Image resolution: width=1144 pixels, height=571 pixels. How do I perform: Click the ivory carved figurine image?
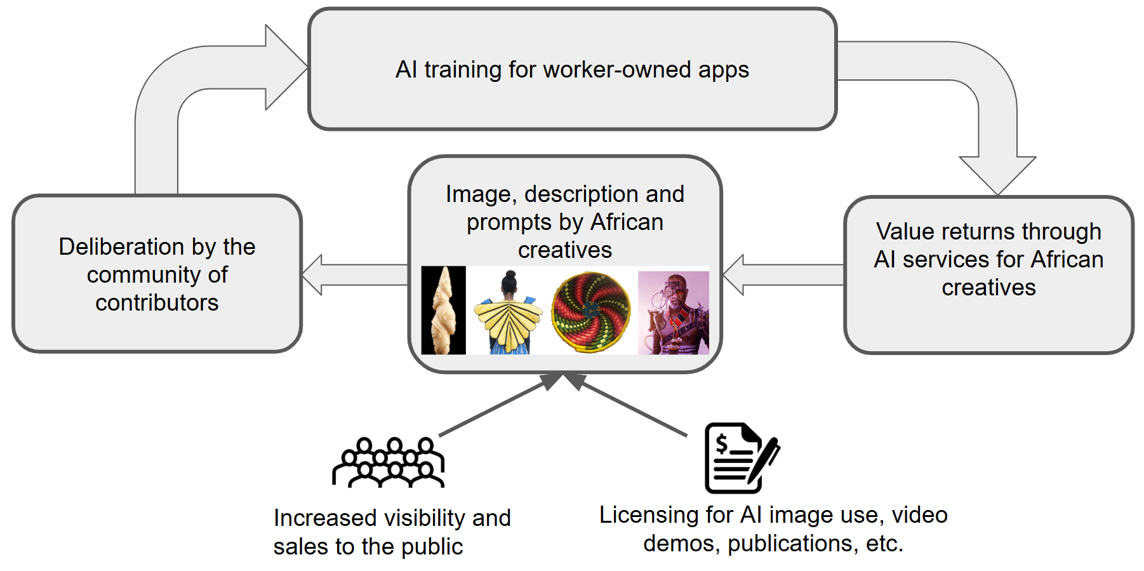click(443, 310)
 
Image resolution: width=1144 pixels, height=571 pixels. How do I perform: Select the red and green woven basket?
click(591, 312)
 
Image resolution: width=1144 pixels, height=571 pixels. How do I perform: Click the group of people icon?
click(389, 462)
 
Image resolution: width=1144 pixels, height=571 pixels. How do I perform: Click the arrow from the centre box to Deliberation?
click(356, 275)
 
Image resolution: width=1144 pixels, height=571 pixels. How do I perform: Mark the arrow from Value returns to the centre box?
click(784, 275)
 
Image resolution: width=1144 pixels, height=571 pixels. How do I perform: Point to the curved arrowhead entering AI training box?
click(286, 67)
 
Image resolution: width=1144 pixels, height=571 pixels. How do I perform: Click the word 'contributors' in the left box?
click(157, 303)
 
